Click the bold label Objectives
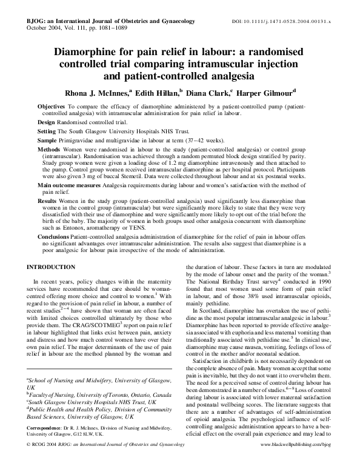(x=52, y=106)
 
